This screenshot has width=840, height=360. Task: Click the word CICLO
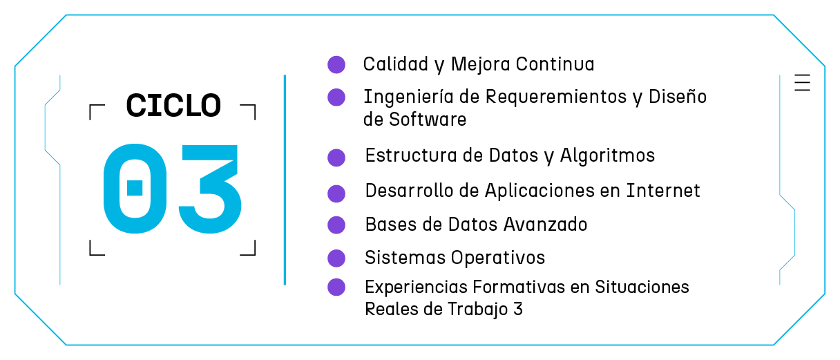(x=173, y=106)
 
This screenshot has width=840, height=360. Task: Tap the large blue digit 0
(x=135, y=187)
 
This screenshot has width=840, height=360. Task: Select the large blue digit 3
(x=208, y=187)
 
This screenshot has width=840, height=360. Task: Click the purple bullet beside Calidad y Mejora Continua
(x=336, y=64)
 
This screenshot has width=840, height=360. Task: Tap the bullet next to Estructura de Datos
(x=336, y=157)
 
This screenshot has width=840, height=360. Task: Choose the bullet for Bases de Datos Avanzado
(x=336, y=225)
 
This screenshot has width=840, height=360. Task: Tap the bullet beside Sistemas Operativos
(x=336, y=258)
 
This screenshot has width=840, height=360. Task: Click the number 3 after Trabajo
(x=518, y=309)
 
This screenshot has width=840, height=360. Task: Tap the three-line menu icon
(x=802, y=82)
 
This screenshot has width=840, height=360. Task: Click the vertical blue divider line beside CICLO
(x=285, y=180)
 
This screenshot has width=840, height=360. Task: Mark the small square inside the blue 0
(x=135, y=187)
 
